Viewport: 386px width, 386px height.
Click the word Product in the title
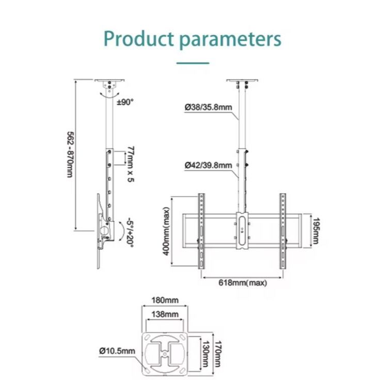click(139, 39)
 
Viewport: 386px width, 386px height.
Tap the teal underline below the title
click(193, 63)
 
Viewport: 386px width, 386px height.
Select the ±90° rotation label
click(125, 102)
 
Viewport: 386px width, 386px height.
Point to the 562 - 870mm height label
click(70, 154)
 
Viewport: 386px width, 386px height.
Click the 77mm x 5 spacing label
click(131, 164)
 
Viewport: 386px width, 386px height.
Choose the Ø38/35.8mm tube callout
click(208, 107)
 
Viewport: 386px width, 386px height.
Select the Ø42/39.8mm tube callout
click(208, 165)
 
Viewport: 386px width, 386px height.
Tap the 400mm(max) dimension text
click(166, 231)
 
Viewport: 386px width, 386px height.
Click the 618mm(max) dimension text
click(243, 283)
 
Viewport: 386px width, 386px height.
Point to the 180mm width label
click(165, 300)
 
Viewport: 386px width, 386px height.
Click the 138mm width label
click(165, 314)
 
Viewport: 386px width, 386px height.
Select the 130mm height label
click(205, 354)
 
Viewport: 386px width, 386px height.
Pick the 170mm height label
click(218, 354)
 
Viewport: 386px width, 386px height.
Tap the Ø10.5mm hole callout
click(117, 351)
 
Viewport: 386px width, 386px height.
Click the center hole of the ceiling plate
click(165, 354)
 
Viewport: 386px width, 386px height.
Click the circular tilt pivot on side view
click(104, 231)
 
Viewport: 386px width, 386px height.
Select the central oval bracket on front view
click(242, 230)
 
